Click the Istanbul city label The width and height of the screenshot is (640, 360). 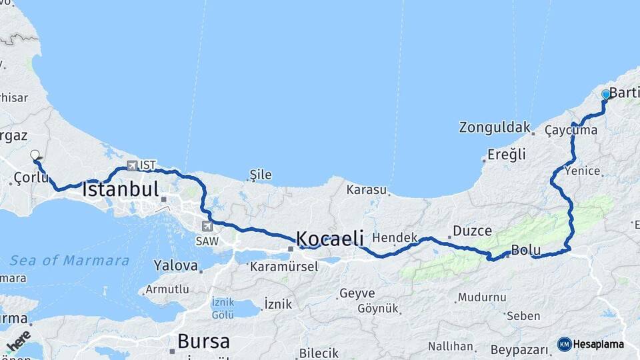click(x=121, y=189)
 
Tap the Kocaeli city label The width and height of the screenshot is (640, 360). click(x=329, y=238)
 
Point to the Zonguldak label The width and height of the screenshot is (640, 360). click(x=495, y=127)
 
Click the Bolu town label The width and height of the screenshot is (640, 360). click(x=526, y=251)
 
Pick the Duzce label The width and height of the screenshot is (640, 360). click(x=472, y=231)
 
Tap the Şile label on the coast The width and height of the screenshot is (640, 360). click(x=260, y=175)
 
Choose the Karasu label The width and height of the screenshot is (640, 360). click(x=366, y=190)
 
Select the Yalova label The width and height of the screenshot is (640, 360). click(x=176, y=266)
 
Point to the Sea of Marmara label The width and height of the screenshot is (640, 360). click(x=69, y=261)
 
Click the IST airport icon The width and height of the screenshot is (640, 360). click(x=132, y=165)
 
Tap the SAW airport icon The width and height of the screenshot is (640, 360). click(x=207, y=226)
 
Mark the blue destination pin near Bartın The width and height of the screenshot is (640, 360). click(x=605, y=95)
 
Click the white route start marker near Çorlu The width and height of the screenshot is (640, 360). click(x=35, y=155)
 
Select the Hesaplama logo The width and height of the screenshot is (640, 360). click(x=591, y=344)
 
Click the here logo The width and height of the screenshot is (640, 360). click(x=18, y=341)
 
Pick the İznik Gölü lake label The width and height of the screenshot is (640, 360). click(x=223, y=308)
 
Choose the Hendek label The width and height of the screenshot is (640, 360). click(x=395, y=237)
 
